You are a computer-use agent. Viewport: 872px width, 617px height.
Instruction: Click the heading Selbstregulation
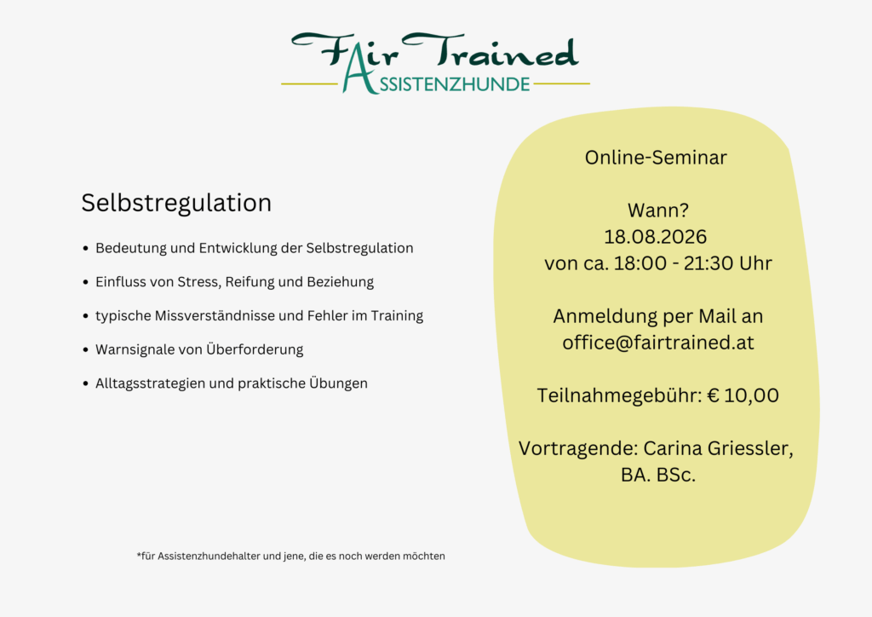(x=176, y=203)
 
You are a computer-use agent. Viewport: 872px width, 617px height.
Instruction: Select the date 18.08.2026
(x=656, y=237)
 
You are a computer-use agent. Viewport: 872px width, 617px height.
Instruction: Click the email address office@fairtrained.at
(x=658, y=343)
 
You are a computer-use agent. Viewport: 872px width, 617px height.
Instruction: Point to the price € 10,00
(x=743, y=395)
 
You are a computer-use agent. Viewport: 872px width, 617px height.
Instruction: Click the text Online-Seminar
(x=656, y=158)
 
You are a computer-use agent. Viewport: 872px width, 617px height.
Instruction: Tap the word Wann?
(x=656, y=210)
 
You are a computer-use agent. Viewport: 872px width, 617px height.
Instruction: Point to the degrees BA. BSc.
(x=658, y=475)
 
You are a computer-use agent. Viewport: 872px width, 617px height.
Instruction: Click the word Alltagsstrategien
(x=150, y=383)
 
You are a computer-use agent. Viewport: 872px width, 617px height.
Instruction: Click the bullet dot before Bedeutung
(x=85, y=249)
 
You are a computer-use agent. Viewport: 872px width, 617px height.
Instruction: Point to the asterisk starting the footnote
(x=138, y=555)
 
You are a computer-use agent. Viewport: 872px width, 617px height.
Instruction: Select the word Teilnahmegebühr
(x=619, y=395)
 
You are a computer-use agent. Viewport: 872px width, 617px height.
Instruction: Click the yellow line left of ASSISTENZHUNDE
(x=308, y=84)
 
